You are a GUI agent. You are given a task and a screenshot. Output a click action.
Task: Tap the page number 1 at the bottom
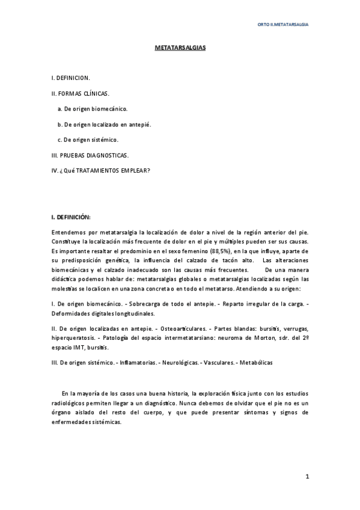point(307,477)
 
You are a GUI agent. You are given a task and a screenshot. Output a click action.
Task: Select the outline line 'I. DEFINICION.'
point(71,78)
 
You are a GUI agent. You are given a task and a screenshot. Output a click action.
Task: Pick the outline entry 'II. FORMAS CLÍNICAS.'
point(81,93)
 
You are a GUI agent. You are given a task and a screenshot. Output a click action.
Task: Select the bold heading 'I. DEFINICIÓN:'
point(72,217)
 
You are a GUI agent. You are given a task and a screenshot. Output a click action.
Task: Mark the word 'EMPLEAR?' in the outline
point(136,171)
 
